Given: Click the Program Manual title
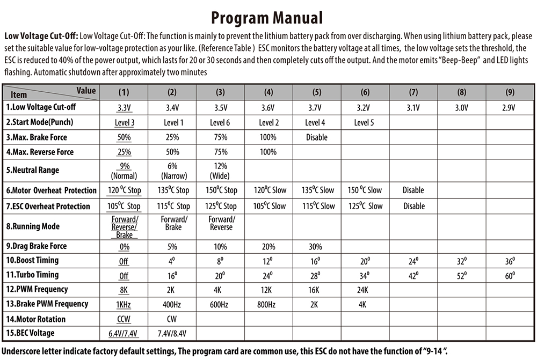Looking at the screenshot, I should pyautogui.click(x=267, y=18).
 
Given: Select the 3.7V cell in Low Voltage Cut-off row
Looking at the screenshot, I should pyautogui.click(x=316, y=107).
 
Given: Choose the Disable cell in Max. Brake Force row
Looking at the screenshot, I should pyautogui.click(x=316, y=137).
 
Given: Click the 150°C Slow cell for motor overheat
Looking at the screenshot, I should pyautogui.click(x=365, y=190).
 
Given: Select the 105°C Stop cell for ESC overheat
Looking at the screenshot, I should pyautogui.click(x=124, y=207).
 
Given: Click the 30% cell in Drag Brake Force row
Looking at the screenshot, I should pyautogui.click(x=316, y=247).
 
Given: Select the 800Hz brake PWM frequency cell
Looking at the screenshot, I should pyautogui.click(x=267, y=305).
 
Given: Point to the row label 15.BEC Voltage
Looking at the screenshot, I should pyautogui.click(x=30, y=333).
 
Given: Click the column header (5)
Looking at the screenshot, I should pyautogui.click(x=316, y=92).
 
